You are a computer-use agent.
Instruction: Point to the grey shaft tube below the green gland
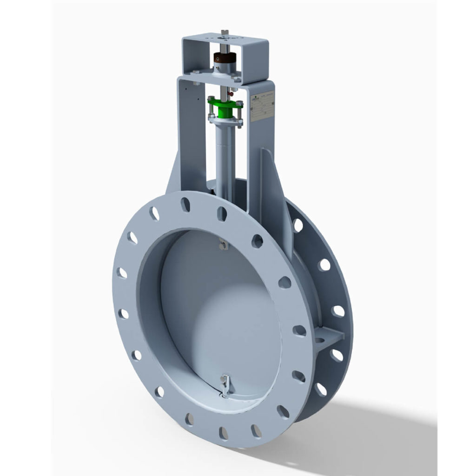coord(225,153)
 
